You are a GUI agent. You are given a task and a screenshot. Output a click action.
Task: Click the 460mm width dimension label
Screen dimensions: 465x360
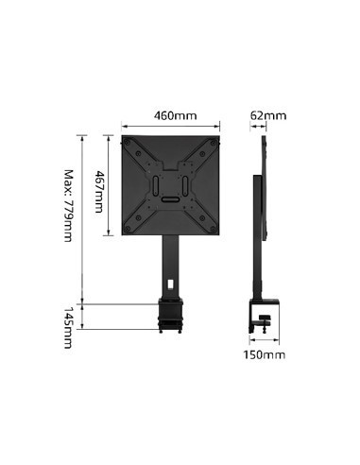175,116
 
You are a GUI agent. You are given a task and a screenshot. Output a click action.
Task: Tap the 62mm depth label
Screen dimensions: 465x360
268,116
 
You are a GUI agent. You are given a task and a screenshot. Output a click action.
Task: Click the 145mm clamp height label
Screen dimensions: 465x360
67,327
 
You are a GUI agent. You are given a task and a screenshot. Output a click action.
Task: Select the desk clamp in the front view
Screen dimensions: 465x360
171,316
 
